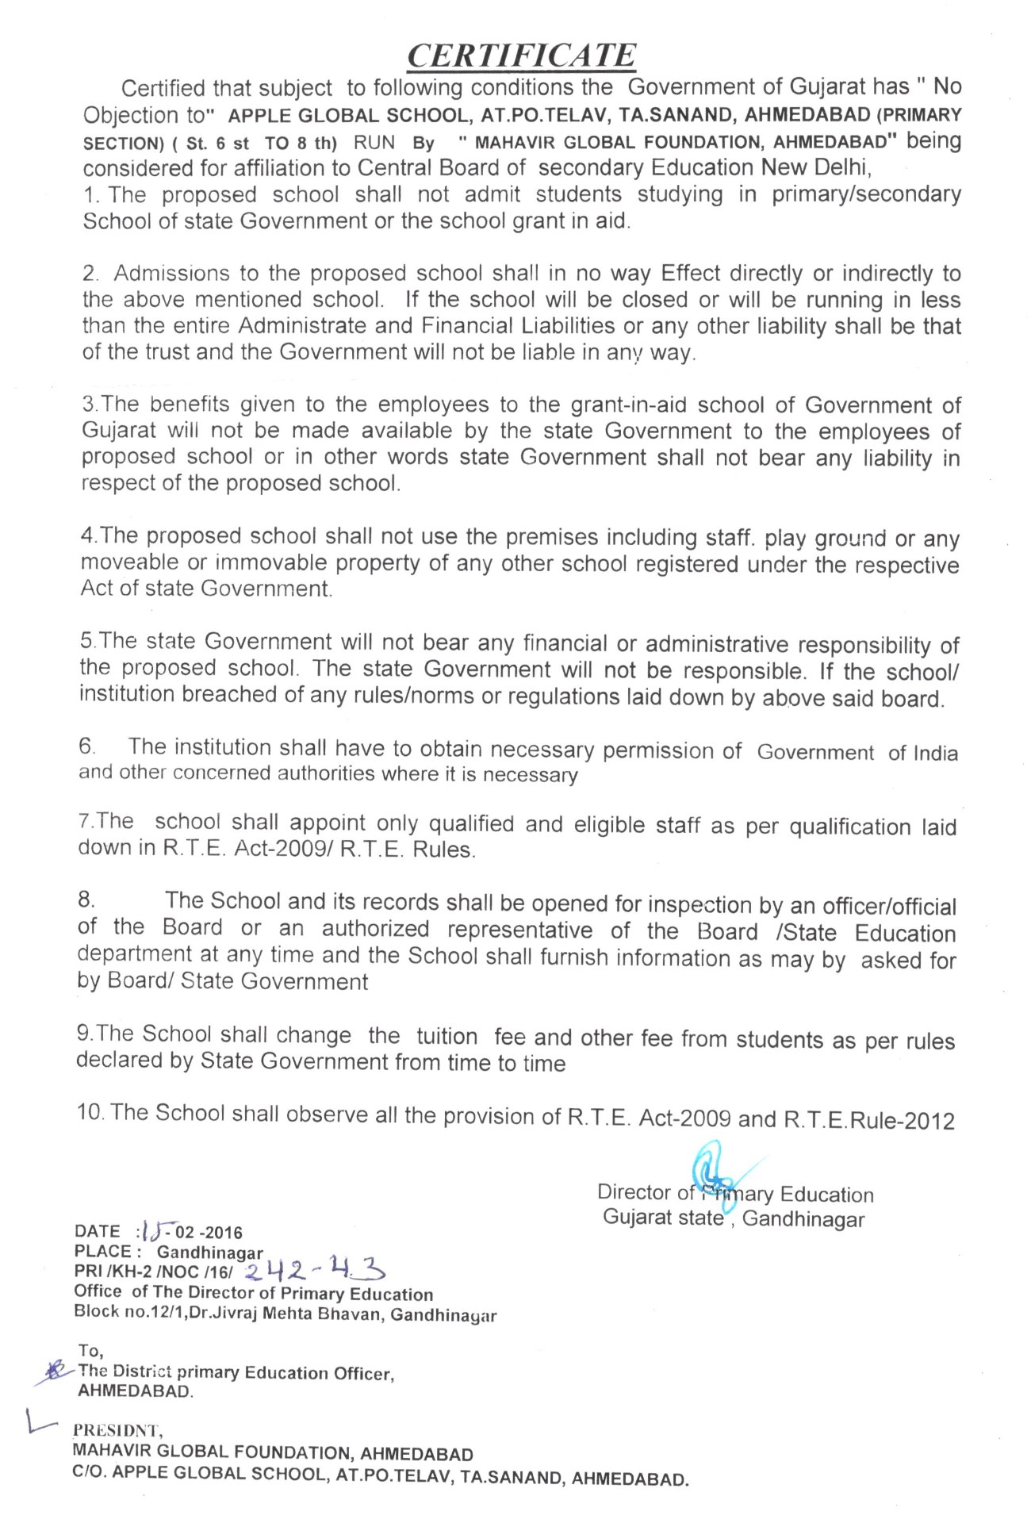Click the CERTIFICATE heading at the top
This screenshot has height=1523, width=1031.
click(x=521, y=56)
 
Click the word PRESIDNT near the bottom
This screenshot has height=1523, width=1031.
click(x=117, y=1431)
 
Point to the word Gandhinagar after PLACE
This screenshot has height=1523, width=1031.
click(x=209, y=1253)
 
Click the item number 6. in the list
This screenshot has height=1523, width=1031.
click(x=87, y=746)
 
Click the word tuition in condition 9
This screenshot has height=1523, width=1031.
click(x=447, y=1036)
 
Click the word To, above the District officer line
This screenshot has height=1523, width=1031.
click(x=91, y=1350)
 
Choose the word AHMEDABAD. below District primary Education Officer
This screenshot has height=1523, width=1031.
click(x=135, y=1391)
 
